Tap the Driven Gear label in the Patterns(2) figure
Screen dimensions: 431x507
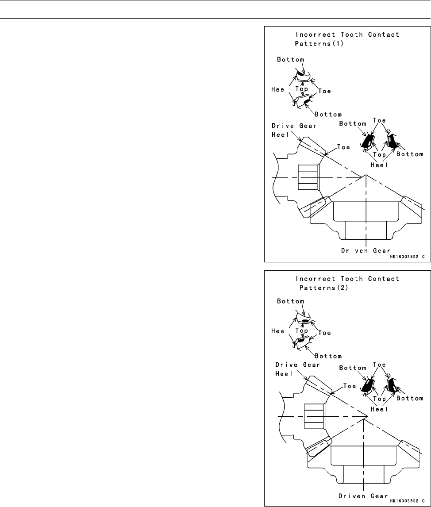point(363,495)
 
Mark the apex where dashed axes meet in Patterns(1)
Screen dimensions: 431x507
point(366,175)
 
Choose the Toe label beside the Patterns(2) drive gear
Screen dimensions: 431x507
point(348,386)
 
